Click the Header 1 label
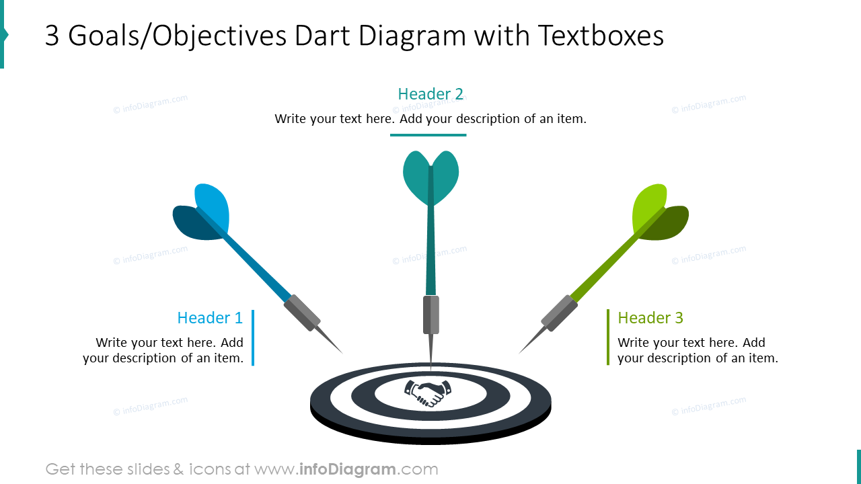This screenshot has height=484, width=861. point(210,318)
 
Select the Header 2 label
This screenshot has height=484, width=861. point(430,94)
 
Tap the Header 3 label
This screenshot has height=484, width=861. point(650,318)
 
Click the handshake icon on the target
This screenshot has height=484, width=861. point(428,393)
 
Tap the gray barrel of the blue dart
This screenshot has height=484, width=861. point(302,313)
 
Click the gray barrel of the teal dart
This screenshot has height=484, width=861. point(430,315)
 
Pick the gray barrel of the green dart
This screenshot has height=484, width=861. point(559,313)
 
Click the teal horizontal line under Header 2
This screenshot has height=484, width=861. point(428,135)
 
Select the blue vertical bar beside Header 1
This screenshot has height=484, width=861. point(253,337)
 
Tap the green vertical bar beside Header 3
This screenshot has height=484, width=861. point(608,337)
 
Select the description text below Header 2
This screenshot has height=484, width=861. point(430,119)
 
